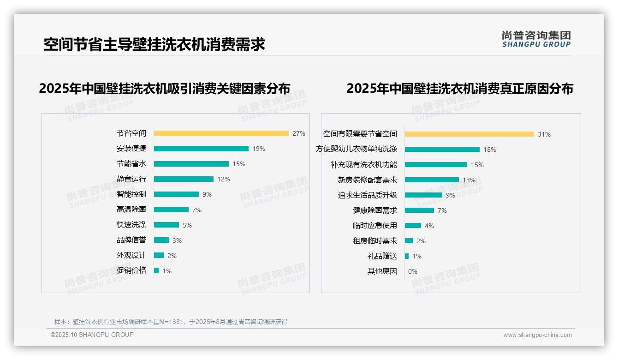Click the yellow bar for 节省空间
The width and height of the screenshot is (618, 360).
221,133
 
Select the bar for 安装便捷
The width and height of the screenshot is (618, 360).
201,149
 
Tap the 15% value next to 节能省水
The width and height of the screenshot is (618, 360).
239,164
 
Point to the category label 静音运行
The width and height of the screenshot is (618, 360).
131,179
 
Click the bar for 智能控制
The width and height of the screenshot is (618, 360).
176,194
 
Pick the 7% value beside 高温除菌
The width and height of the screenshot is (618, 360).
197,210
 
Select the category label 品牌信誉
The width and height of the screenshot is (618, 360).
131,240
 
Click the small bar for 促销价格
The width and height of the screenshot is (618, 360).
156,270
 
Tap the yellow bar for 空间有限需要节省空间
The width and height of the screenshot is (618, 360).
469,134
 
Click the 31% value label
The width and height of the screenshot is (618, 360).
544,134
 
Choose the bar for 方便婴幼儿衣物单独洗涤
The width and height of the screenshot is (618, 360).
442,150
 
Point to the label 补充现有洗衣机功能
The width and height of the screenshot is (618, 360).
363,165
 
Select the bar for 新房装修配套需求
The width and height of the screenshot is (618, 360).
432,180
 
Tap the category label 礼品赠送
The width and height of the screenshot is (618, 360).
382,256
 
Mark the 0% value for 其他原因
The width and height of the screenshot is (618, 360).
413,271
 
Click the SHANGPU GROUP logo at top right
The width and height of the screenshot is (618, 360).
536,39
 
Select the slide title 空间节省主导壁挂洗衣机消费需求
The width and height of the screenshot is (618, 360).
154,45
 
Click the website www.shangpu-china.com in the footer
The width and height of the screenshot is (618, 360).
537,335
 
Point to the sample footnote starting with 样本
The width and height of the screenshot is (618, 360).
171,322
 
